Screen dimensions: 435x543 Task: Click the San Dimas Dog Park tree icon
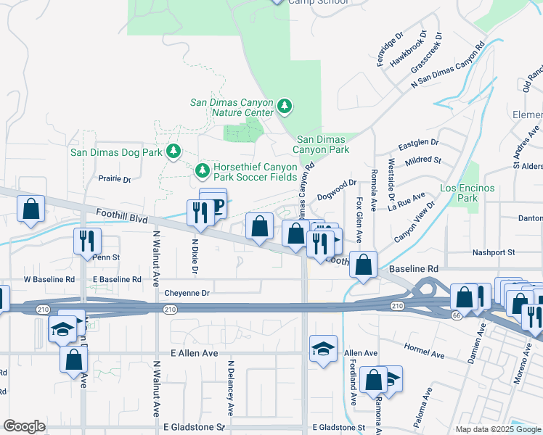173,152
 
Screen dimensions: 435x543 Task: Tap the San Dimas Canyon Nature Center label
232,107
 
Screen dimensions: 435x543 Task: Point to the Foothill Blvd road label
121,215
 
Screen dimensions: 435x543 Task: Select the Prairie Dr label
114,179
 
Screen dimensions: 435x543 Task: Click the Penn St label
105,257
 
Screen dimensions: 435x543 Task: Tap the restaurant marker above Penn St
86,239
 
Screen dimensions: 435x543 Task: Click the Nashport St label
492,252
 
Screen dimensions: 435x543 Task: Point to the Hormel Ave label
423,352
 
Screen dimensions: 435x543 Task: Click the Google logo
24,426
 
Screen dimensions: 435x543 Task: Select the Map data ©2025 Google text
498,429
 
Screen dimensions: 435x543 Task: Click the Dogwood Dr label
337,190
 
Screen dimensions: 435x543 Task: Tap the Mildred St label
422,159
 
